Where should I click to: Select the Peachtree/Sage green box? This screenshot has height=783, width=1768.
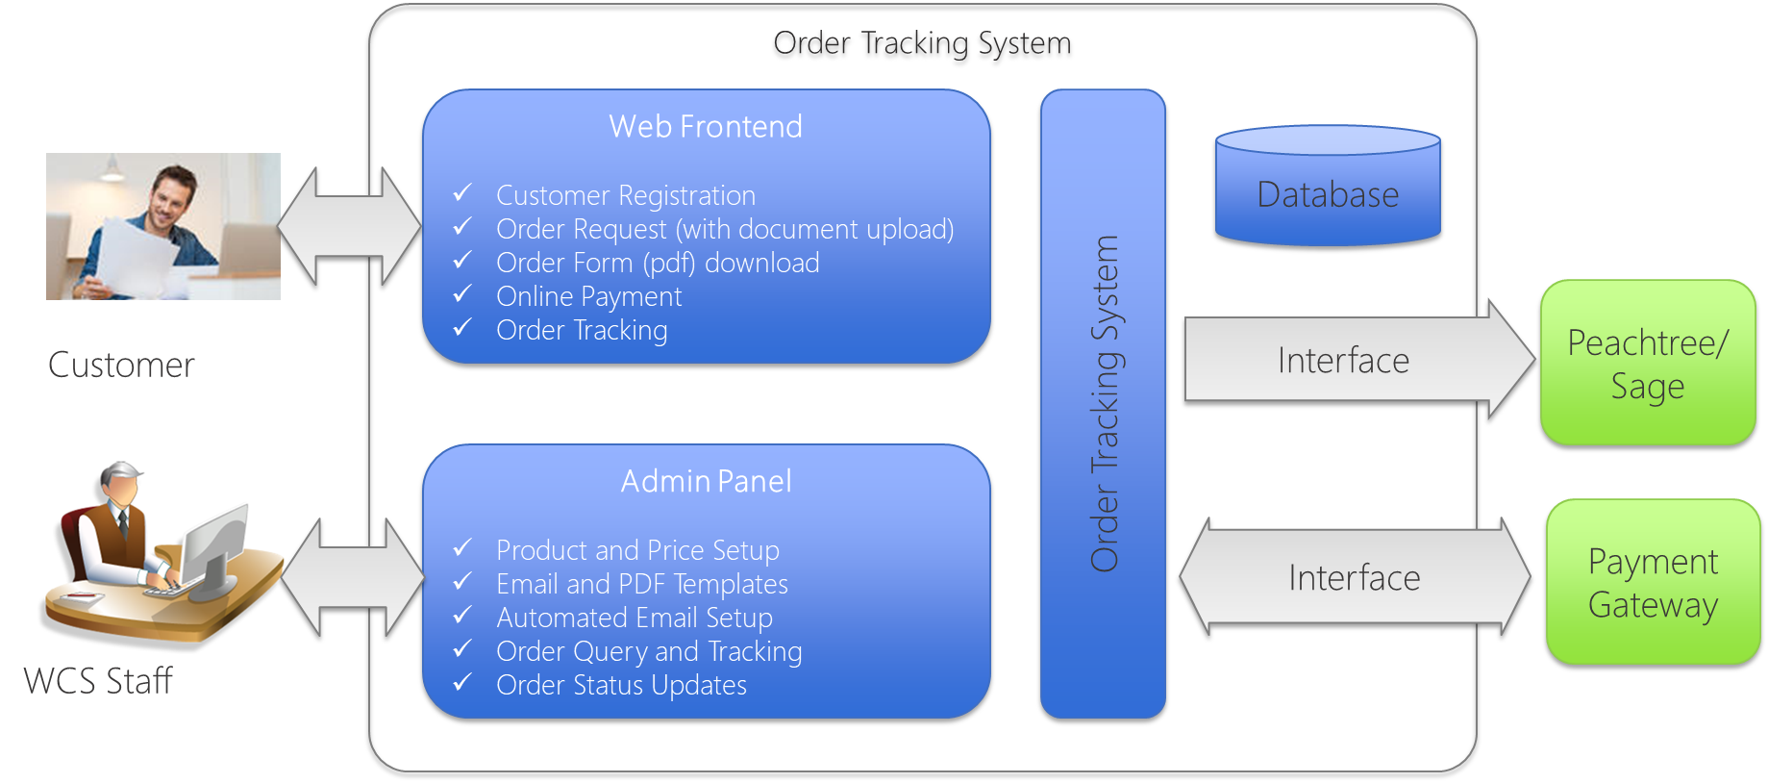(x=1648, y=363)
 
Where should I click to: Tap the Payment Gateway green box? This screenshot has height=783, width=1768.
(x=1653, y=582)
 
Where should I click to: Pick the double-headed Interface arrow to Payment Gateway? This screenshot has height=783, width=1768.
(x=1355, y=577)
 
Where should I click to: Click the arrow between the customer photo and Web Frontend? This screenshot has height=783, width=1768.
(x=350, y=226)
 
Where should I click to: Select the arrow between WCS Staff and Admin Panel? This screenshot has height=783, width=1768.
(x=354, y=577)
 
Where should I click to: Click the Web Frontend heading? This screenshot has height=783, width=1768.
(x=706, y=127)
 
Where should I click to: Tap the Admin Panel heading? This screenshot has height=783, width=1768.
(x=706, y=481)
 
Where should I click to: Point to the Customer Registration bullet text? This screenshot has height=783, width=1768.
(x=626, y=195)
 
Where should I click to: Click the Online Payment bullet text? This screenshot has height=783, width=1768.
(x=588, y=296)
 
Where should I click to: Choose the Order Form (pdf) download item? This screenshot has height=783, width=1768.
(x=658, y=263)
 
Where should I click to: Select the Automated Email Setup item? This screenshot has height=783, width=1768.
(x=635, y=618)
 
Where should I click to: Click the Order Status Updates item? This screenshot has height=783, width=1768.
(x=621, y=685)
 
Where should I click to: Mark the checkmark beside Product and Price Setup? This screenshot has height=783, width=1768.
(x=462, y=548)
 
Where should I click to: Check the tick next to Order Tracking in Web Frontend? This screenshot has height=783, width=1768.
(x=462, y=328)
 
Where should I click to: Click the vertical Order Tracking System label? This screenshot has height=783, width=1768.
(x=1104, y=404)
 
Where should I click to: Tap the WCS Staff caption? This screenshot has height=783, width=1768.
(x=98, y=681)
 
